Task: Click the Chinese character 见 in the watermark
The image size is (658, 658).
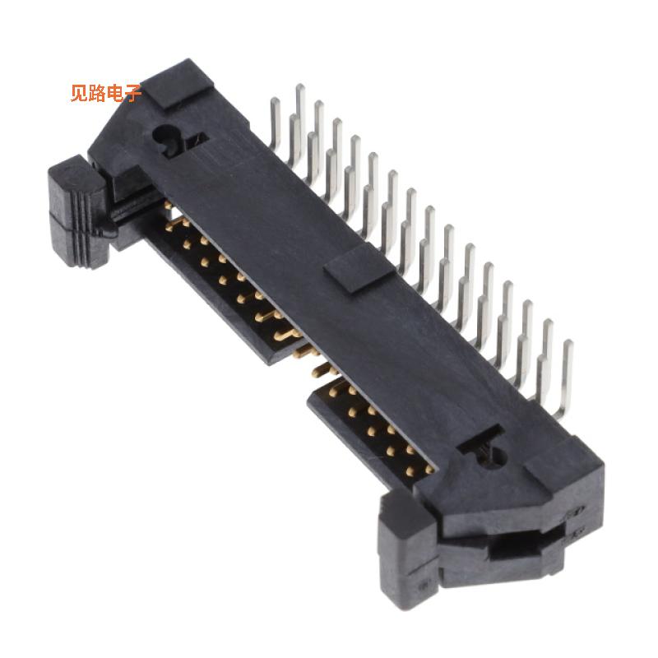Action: [x=79, y=93]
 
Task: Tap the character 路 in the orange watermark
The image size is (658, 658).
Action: [x=97, y=93]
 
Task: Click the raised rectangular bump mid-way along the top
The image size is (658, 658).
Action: [x=352, y=271]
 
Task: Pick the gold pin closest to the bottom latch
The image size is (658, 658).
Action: [x=428, y=470]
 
